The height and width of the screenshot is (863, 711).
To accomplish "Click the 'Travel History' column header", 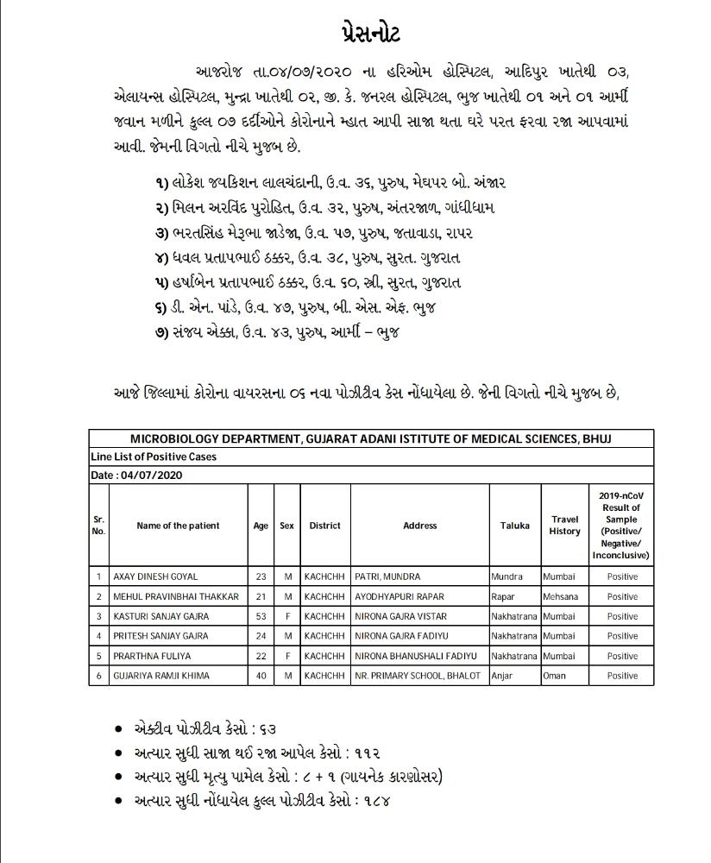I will pos(564,526).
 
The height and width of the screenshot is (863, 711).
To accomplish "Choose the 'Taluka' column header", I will pos(514,526).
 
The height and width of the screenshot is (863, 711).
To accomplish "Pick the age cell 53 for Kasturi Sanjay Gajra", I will pos(261,616).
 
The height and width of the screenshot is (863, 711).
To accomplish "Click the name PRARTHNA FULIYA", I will pos(148,656).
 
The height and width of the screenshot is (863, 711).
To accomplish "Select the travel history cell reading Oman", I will pos(554,676).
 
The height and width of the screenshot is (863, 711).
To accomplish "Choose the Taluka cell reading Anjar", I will pos(502,676).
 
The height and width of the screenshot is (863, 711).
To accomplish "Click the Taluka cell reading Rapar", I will pos(503,596).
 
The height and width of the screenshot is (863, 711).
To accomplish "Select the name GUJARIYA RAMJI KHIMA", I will pos(160,676).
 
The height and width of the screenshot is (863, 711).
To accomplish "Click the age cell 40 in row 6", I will pos(261,676).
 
